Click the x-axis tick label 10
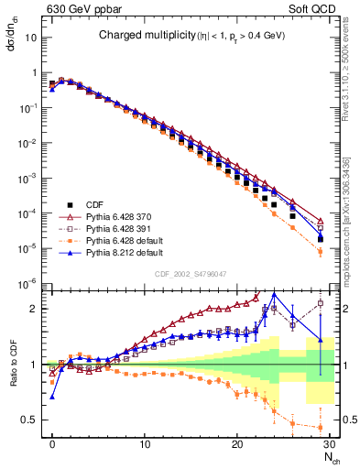coord(145,445)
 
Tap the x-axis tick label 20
coord(237,445)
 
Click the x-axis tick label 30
coord(329,445)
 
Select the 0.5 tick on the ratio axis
coord(30,420)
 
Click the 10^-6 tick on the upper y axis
coord(28,283)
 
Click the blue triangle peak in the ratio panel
coord(274,294)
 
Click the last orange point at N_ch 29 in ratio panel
coord(320,428)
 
